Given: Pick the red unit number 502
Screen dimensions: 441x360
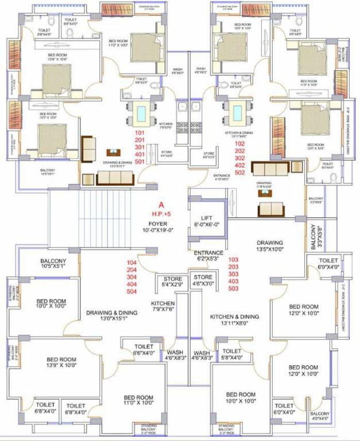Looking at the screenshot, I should pyautogui.click(x=240, y=172).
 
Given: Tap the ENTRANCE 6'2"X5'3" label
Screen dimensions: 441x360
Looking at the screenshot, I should pyautogui.click(x=208, y=256).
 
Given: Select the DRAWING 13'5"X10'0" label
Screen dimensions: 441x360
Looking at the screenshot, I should pyautogui.click(x=269, y=246).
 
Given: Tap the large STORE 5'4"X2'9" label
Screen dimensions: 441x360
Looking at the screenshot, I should pyautogui.click(x=172, y=281).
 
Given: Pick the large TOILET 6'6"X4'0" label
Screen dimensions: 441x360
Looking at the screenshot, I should pyautogui.click(x=144, y=350).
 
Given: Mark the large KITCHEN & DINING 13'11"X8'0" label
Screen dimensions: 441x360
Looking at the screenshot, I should pyautogui.click(x=234, y=320).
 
